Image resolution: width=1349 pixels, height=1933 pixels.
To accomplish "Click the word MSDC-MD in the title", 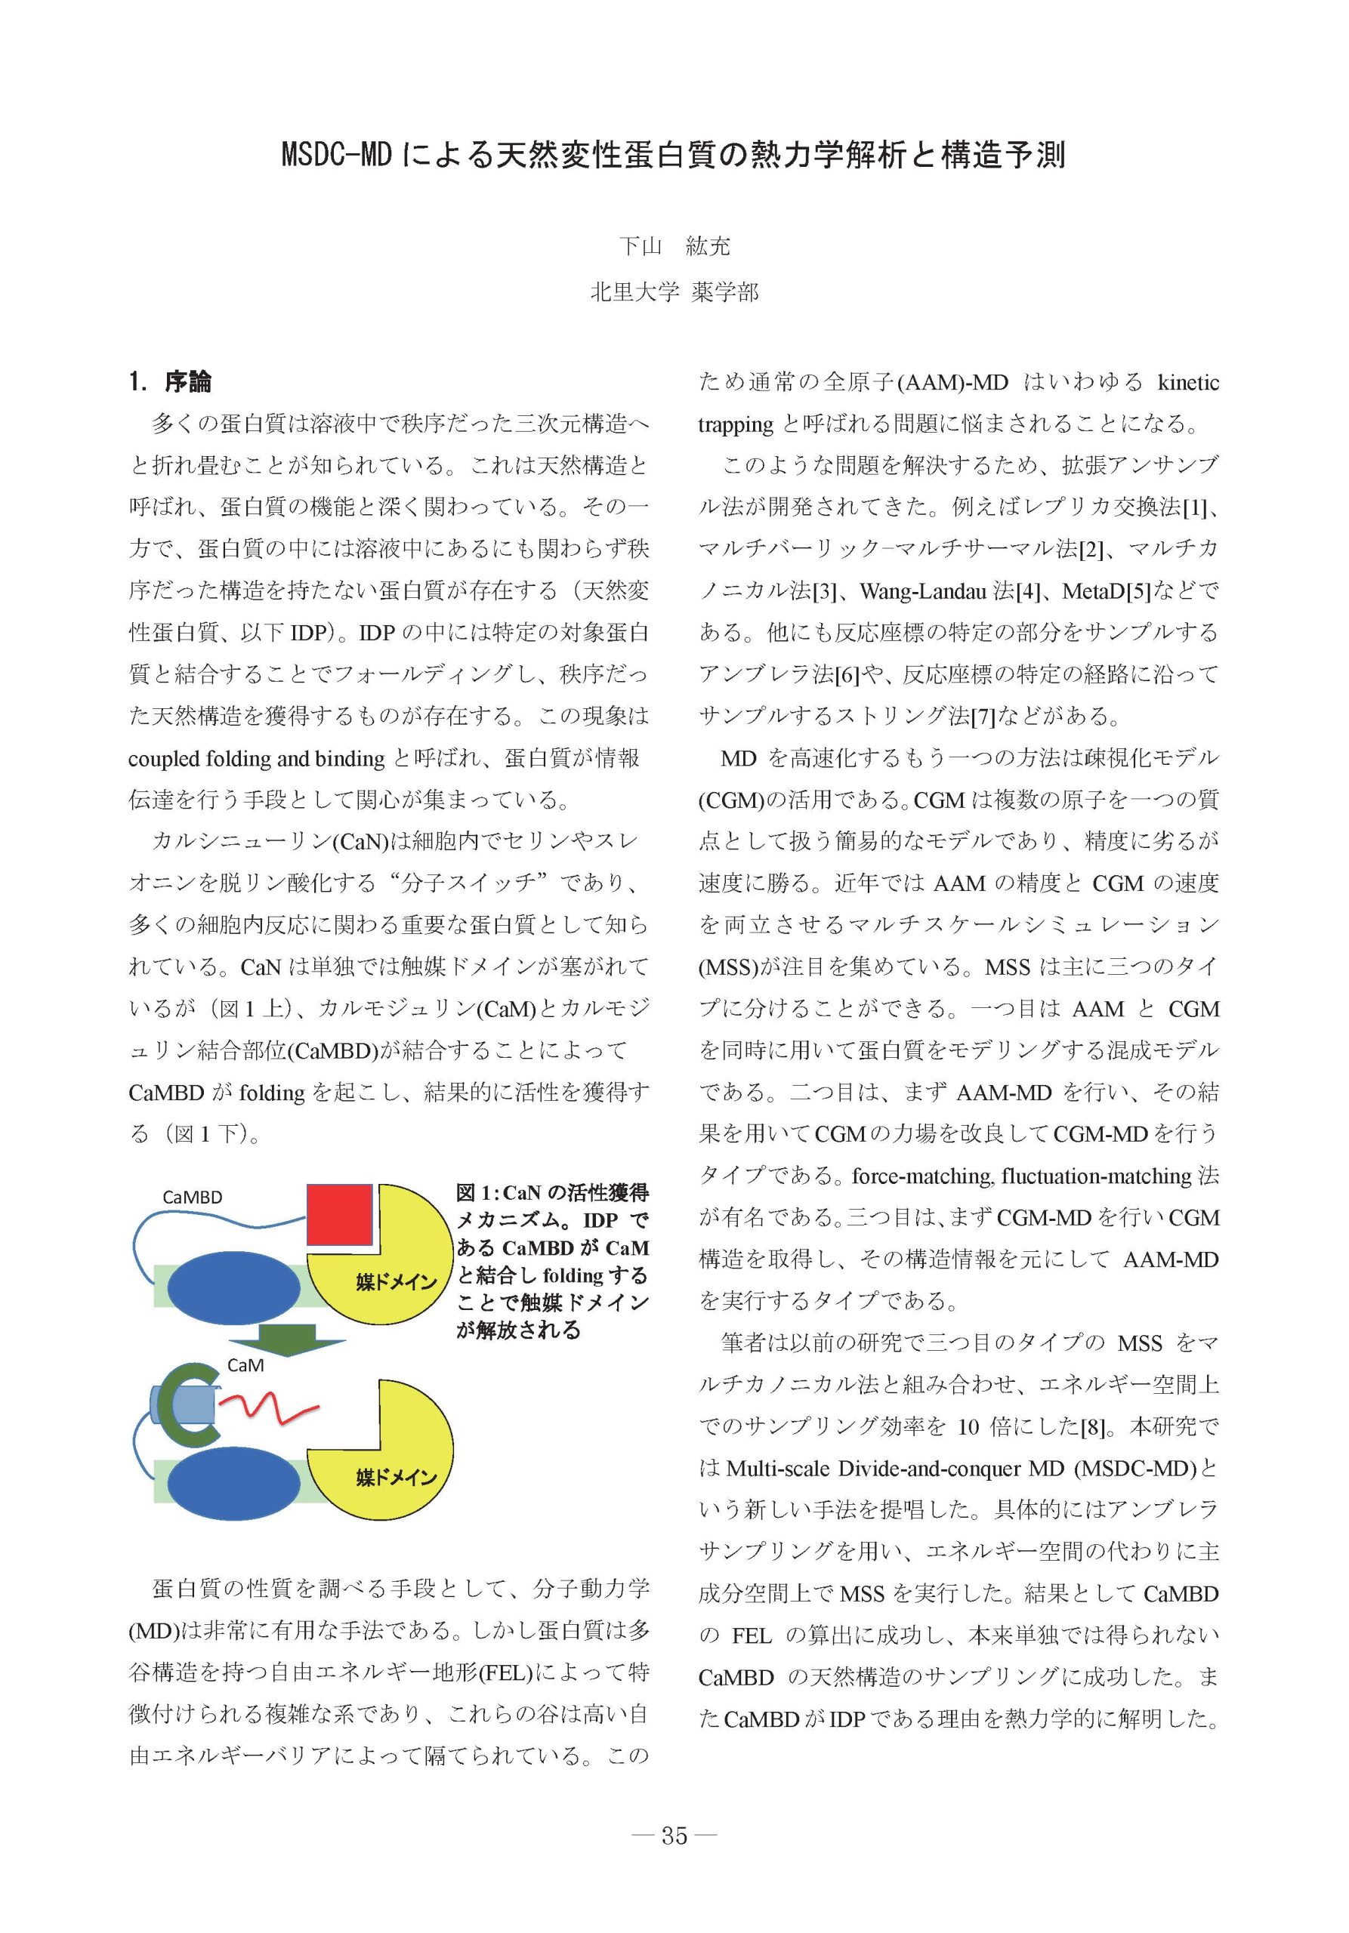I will [x=337, y=156].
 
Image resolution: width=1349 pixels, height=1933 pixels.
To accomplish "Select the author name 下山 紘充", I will [x=674, y=246].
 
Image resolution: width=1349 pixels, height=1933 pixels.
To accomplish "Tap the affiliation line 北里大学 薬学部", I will [x=674, y=292].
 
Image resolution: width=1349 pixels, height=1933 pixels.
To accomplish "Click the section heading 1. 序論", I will [x=170, y=382].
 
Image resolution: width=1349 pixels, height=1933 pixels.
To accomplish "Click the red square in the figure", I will [x=339, y=1214].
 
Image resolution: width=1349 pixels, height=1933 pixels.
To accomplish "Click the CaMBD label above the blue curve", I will [x=192, y=1198].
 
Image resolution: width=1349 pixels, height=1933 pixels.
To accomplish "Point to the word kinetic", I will [x=1187, y=383].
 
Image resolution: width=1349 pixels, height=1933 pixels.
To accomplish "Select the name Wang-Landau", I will [x=923, y=592].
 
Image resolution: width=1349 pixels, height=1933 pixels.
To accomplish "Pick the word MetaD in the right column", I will [x=1093, y=592].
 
